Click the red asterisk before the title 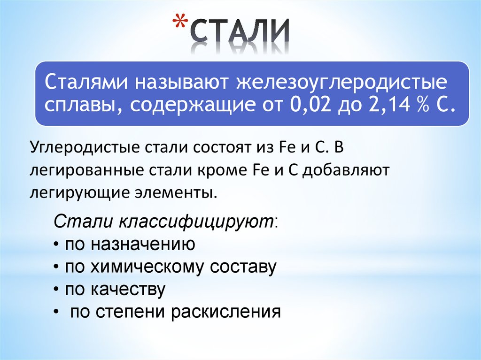pos(180,23)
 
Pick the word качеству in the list pos(128,290)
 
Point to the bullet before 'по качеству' pos(56,290)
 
